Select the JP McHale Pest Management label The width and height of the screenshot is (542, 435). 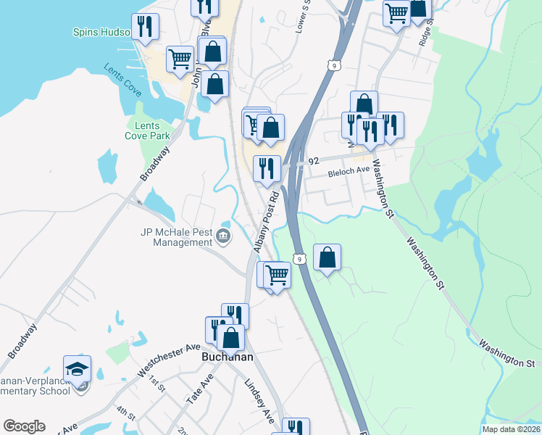tap(177, 237)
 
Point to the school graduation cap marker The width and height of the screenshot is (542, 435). tap(78, 368)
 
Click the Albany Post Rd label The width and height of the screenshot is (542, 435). tap(266, 222)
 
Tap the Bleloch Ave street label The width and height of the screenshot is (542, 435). tap(349, 171)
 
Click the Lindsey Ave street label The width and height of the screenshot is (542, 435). tap(259, 402)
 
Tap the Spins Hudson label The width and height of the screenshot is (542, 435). tap(101, 33)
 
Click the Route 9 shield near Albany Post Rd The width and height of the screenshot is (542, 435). tap(299, 258)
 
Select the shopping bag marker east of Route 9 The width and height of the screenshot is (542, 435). tap(328, 257)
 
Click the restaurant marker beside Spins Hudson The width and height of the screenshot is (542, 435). tap(146, 27)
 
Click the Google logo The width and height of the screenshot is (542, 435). tap(24, 426)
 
